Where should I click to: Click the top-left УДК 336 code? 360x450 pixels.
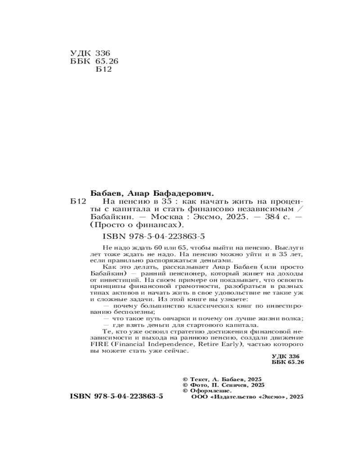(x=90, y=53)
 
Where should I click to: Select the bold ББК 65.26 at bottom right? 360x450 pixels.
(x=288, y=362)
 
